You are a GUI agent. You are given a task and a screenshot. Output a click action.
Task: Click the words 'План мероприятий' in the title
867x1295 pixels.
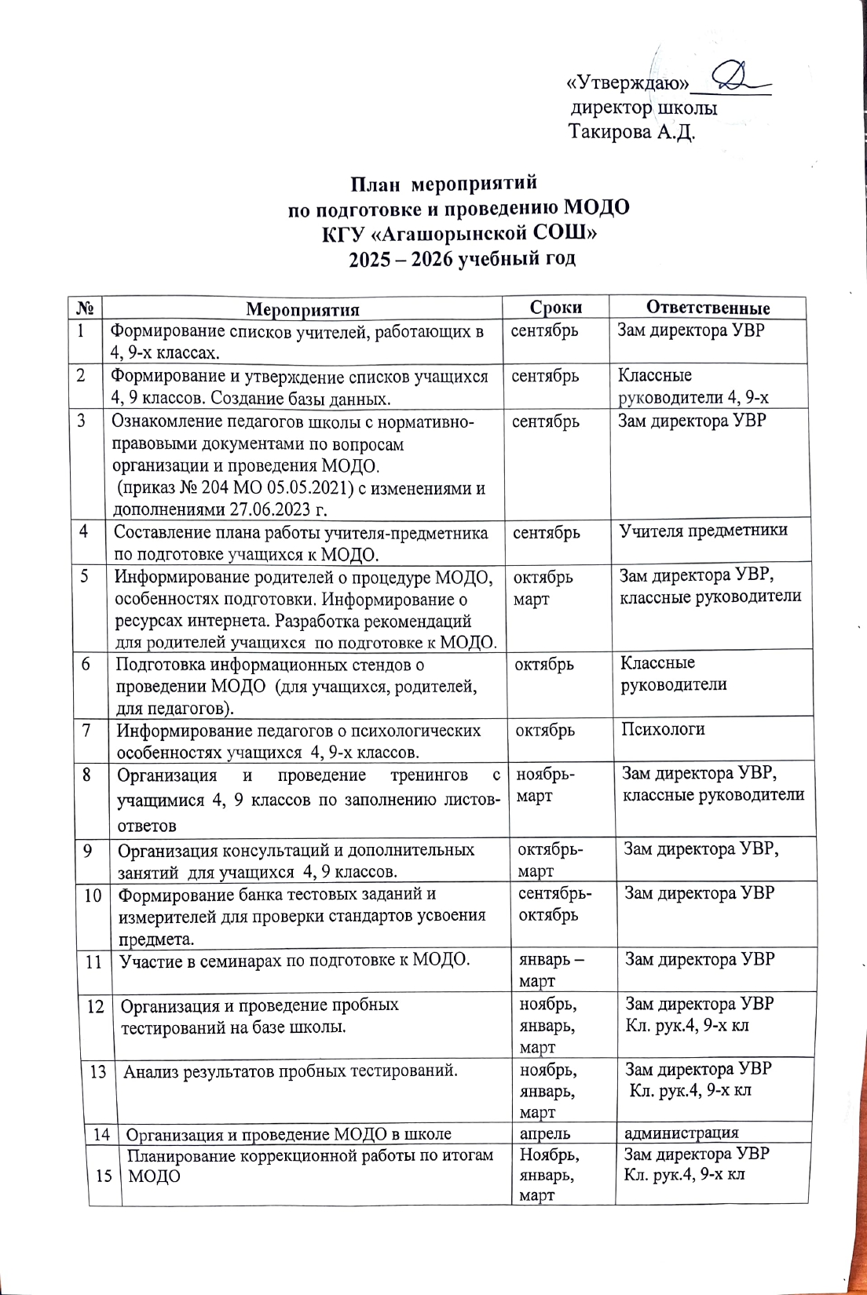click(444, 184)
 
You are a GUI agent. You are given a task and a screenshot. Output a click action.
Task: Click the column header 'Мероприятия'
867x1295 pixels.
click(302, 308)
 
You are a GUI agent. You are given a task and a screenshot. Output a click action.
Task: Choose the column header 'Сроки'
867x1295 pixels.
click(556, 307)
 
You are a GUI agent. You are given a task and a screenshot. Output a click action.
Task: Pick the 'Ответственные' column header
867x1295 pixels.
click(708, 308)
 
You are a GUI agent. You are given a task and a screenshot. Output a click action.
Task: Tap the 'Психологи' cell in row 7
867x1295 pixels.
click(663, 729)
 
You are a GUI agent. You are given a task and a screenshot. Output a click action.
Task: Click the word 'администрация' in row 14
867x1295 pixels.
click(681, 1133)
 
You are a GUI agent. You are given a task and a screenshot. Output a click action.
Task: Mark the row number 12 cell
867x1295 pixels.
click(96, 1005)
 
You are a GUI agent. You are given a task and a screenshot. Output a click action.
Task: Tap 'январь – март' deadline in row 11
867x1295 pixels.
click(551, 969)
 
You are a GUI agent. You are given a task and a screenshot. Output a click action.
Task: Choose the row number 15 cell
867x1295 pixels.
click(104, 1175)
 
